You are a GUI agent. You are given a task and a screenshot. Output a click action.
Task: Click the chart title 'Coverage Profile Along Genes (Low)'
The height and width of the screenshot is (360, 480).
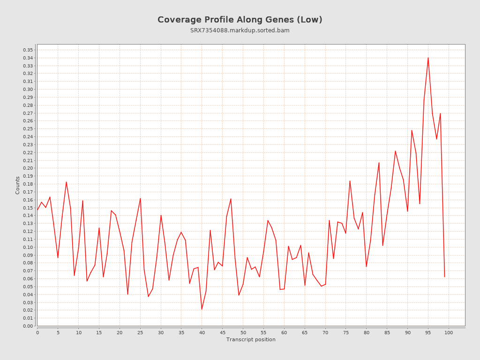(240, 20)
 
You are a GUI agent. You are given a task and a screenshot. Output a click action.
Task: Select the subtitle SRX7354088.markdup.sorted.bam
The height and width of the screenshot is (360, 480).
(240, 30)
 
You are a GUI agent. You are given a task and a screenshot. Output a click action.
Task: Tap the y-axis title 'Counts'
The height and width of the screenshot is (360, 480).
(18, 185)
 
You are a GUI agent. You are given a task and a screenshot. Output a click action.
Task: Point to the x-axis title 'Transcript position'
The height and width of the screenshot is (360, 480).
(251, 339)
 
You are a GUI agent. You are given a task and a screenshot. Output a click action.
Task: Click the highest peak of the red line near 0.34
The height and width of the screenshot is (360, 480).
(428, 58)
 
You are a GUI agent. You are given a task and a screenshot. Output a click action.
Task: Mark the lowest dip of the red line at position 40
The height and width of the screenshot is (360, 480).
(202, 309)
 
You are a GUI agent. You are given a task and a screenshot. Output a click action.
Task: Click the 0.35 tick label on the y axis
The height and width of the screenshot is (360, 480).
(28, 50)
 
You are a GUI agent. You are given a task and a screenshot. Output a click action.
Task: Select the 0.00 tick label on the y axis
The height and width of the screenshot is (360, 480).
(28, 326)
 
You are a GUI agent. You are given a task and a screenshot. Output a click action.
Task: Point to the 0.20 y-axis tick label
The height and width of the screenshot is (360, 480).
(28, 168)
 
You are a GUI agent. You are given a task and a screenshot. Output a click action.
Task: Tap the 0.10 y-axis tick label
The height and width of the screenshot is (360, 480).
(28, 247)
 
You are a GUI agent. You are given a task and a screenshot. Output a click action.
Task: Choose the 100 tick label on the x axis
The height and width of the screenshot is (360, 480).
(449, 332)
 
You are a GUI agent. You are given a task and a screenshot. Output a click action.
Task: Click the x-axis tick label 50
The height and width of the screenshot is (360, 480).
(243, 332)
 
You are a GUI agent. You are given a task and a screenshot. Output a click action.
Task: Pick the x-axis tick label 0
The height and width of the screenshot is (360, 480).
(37, 332)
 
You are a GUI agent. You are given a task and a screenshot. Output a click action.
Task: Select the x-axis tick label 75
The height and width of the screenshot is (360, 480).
(346, 332)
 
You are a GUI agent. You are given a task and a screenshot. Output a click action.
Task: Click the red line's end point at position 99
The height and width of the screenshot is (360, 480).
(444, 277)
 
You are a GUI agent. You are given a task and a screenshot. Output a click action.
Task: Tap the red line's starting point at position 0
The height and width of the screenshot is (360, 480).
(37, 210)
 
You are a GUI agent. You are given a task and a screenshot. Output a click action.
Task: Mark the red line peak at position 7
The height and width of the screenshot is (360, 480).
(66, 182)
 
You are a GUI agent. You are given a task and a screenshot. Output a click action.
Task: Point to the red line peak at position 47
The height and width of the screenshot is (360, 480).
(231, 199)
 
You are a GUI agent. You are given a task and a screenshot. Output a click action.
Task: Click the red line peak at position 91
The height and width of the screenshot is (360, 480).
(412, 130)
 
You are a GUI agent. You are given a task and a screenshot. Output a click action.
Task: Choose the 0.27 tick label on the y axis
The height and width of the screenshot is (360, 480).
(28, 113)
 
